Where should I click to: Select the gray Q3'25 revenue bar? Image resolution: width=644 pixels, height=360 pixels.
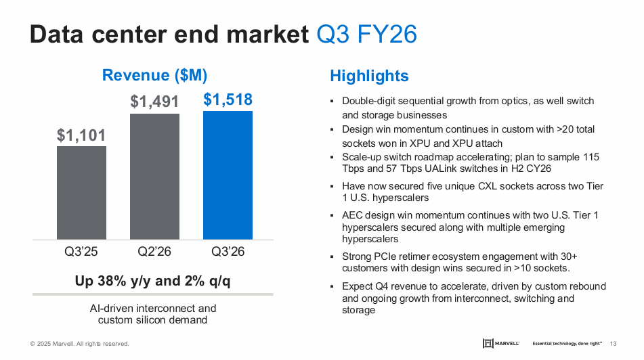coord(81,192)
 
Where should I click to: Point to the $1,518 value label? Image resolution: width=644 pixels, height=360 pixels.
coord(228,100)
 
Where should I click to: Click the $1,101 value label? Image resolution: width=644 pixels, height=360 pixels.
coord(81,135)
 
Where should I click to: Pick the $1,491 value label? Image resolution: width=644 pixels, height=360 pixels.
coord(154,102)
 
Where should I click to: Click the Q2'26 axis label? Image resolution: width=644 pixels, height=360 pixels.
coord(154,252)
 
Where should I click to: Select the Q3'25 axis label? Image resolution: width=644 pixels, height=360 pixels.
coord(81,252)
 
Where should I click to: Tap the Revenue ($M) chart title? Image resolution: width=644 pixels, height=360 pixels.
coord(154,75)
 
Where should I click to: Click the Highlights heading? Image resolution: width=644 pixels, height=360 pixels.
coord(369,76)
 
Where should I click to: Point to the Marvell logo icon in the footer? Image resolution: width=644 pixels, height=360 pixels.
coord(488,343)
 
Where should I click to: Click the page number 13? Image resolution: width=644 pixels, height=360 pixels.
coord(614,343)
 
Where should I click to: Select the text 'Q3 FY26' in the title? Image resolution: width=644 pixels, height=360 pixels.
coord(366,34)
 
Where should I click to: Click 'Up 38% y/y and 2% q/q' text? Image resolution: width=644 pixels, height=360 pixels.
coord(152,281)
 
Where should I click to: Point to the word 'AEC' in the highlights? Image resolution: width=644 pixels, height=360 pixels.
coord(353,215)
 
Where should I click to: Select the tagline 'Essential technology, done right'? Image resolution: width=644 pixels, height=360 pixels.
coord(567,343)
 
